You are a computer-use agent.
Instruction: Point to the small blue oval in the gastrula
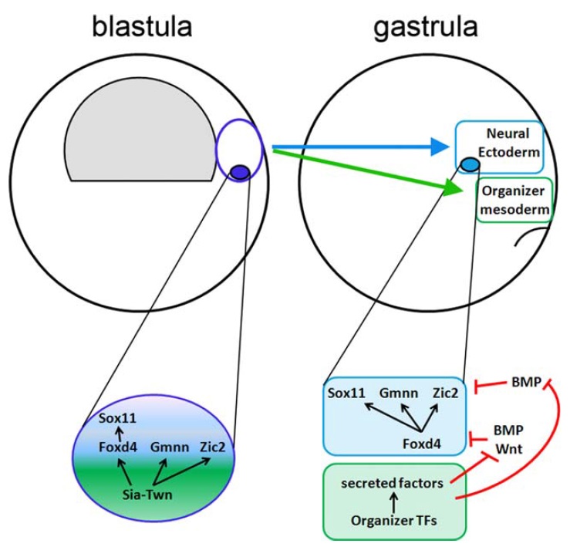tap(470, 164)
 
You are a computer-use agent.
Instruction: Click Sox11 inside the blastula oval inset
tap(120, 419)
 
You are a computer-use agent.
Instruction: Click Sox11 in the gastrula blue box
tap(346, 393)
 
